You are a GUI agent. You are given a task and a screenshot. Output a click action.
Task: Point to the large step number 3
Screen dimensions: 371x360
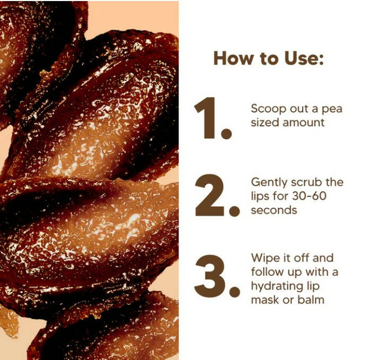209,276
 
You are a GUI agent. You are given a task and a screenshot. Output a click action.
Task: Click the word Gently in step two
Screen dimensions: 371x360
269,183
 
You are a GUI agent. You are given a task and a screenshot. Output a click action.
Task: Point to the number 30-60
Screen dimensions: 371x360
309,196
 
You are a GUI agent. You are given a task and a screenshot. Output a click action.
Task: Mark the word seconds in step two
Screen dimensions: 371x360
274,210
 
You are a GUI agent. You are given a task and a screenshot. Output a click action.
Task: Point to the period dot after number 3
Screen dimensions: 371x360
235,292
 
